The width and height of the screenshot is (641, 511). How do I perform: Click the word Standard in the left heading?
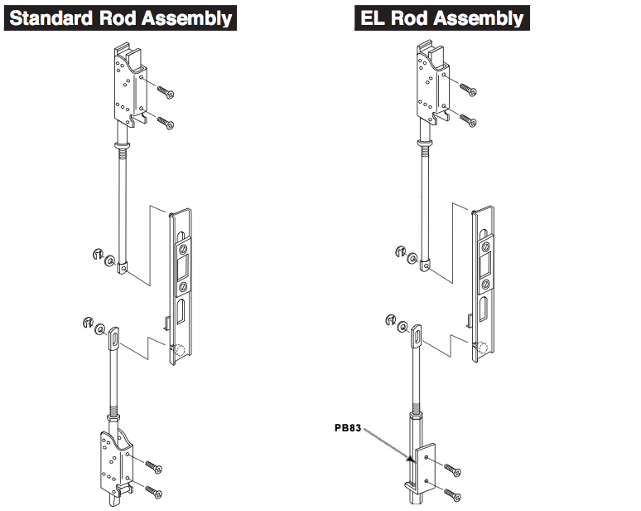coord(49,17)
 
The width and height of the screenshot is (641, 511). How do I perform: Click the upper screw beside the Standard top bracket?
coord(164,91)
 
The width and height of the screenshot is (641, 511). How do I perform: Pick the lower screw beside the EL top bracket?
coord(465,120)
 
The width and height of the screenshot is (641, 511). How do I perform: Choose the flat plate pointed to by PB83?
coord(424,465)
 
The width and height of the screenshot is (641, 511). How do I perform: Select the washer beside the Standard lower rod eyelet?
coord(100,328)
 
